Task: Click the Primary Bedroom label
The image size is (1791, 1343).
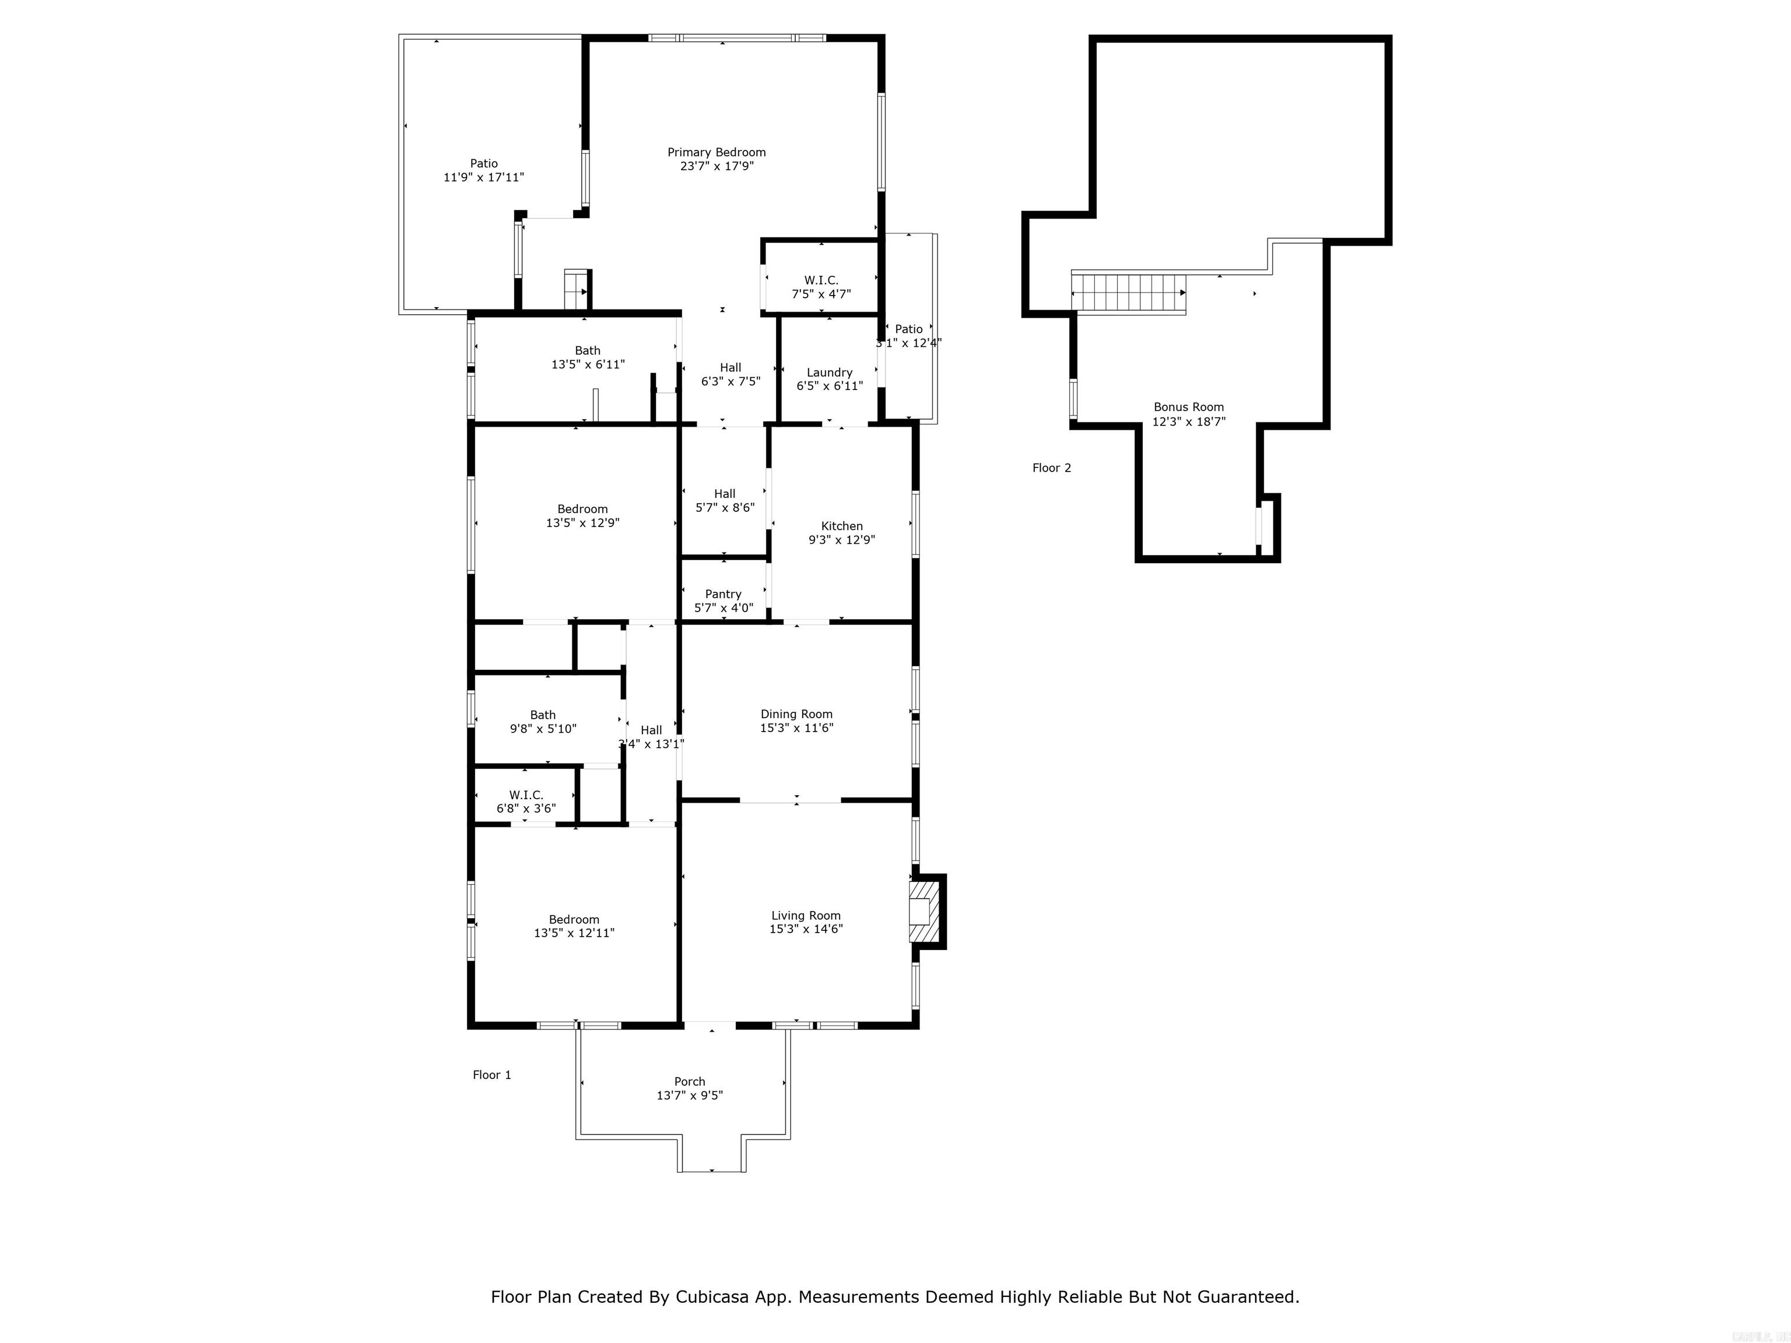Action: click(x=716, y=152)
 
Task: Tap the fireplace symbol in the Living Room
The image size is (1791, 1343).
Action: click(x=922, y=912)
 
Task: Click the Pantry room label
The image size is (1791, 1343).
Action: click(x=723, y=594)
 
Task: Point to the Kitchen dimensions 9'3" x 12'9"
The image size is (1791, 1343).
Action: click(x=841, y=540)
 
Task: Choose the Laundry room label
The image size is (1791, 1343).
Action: click(x=829, y=372)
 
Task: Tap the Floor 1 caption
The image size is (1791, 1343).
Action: click(x=491, y=1075)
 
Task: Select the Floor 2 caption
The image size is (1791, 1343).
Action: click(x=1051, y=468)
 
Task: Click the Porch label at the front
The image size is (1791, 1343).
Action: click(x=689, y=1081)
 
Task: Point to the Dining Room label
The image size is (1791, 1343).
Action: click(x=796, y=714)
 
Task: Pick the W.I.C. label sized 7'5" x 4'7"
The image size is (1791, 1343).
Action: click(x=821, y=280)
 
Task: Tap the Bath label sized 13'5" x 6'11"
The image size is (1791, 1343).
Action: click(x=587, y=350)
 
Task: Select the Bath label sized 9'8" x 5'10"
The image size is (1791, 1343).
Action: click(x=542, y=715)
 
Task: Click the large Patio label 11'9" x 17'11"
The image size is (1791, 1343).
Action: click(x=483, y=164)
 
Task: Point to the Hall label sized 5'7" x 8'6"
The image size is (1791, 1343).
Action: click(x=724, y=494)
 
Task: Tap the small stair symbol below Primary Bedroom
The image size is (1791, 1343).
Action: click(x=575, y=289)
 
